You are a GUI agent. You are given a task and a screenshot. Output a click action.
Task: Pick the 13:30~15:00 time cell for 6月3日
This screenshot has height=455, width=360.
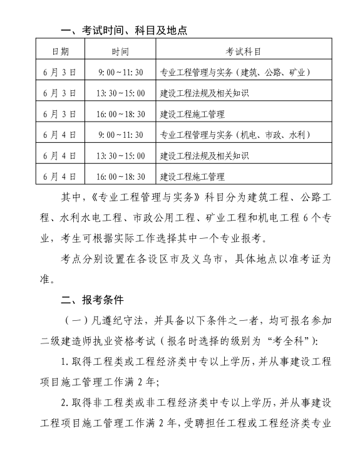click(x=121, y=93)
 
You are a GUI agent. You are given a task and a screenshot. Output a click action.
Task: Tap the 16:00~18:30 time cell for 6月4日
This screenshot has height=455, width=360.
click(x=121, y=176)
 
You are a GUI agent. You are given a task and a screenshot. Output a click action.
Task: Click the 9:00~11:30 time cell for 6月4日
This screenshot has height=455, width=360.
click(x=121, y=135)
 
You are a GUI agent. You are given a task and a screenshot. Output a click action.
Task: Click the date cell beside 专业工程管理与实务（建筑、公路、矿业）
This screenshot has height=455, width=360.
click(x=60, y=73)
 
